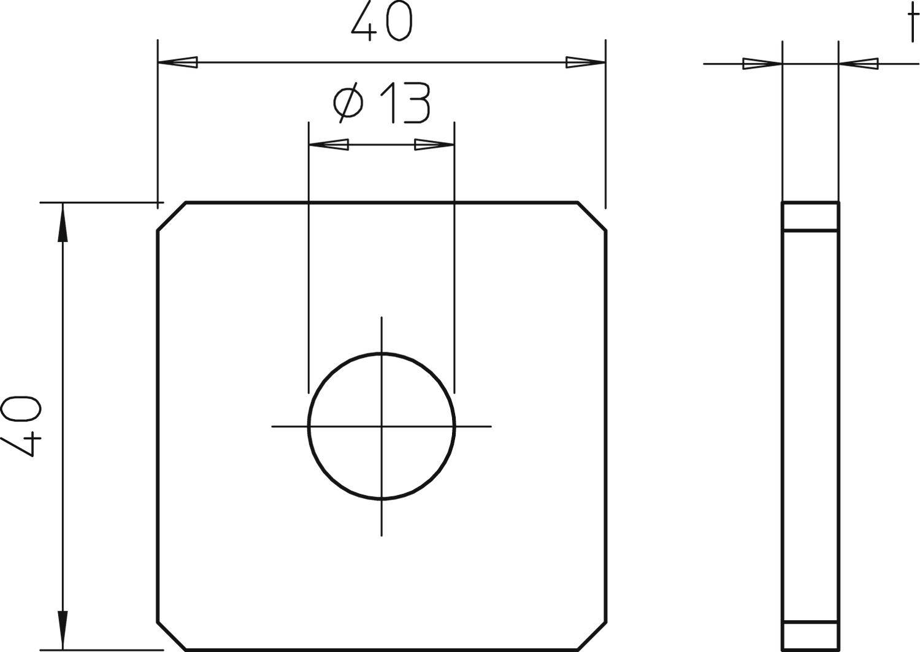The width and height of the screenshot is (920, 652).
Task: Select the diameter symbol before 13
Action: (x=348, y=103)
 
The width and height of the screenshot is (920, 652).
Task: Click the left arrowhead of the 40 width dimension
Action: (x=178, y=63)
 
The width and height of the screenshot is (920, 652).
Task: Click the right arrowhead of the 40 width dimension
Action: (x=585, y=63)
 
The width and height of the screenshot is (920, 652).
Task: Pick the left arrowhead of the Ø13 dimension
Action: (x=329, y=145)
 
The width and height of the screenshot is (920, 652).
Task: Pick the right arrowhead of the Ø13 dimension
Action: (x=434, y=145)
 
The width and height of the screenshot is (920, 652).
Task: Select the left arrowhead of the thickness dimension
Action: (x=762, y=63)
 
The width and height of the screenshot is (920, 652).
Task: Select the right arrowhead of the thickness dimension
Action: (x=858, y=63)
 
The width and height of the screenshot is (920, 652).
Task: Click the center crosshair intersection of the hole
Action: (x=381, y=426)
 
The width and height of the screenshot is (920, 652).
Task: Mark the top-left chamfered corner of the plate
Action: (x=172, y=216)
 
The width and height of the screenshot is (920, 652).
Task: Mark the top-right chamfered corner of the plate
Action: (x=592, y=216)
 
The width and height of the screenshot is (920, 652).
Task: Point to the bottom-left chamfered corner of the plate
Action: (x=172, y=635)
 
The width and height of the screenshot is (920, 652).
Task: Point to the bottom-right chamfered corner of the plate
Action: (x=592, y=635)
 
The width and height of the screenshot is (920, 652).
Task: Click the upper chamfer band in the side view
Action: (x=810, y=216)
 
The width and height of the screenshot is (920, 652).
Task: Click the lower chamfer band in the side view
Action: (x=810, y=636)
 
